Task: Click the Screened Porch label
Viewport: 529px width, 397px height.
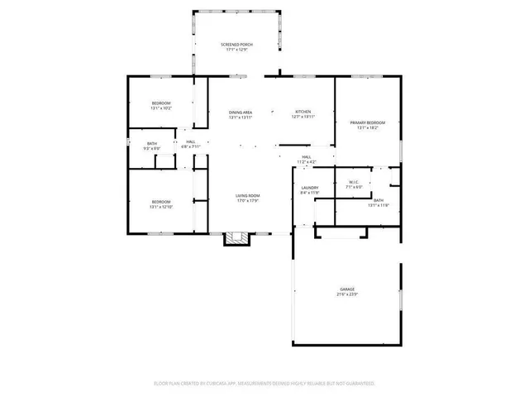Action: [x=236, y=44]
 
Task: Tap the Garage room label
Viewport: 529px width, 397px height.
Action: [x=346, y=289]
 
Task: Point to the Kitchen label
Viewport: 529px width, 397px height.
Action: [x=303, y=112]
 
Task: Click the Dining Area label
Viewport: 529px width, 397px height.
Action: [x=241, y=112]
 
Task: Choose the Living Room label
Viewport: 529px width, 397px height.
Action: [x=248, y=195]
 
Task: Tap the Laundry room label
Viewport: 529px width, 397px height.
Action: [x=310, y=188]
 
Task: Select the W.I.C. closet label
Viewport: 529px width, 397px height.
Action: [x=353, y=182]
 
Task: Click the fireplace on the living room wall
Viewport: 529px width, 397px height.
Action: [x=237, y=239]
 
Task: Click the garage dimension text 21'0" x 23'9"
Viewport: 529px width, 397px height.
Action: [x=346, y=294]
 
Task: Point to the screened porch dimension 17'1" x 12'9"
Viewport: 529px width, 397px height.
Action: [x=236, y=50]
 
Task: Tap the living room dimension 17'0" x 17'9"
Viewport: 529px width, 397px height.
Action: [x=248, y=201]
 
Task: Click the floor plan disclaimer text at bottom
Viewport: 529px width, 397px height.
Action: [x=264, y=383]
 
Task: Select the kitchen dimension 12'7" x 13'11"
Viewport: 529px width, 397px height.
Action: [x=303, y=117]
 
